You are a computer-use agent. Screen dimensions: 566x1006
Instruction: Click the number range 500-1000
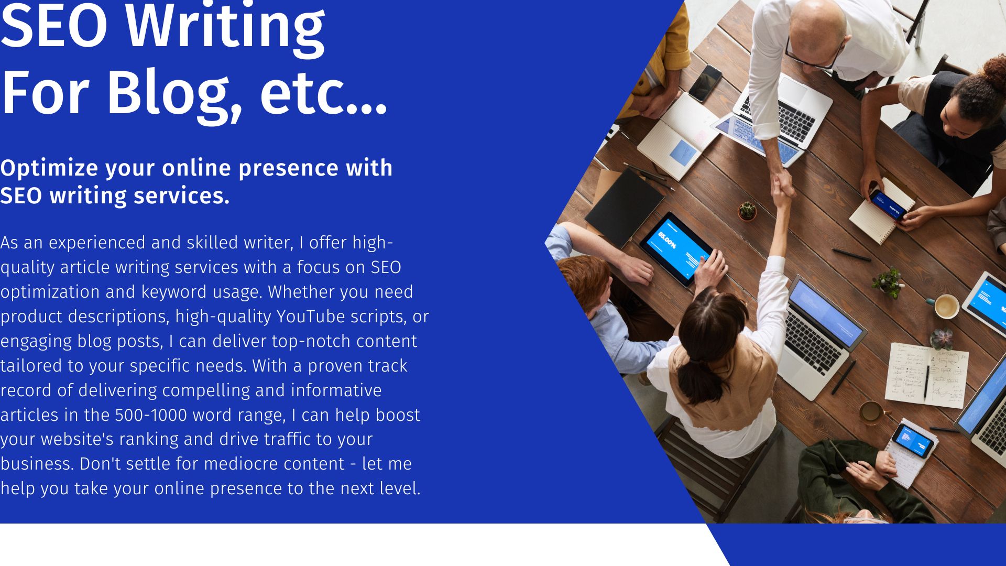point(151,415)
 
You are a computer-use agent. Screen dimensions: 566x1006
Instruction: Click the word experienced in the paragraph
point(97,243)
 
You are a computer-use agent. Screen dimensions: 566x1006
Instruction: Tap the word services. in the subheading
point(181,196)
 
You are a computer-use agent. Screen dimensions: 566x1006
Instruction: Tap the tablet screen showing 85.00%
point(676,248)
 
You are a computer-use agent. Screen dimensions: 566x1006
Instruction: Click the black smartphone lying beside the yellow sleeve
point(705,82)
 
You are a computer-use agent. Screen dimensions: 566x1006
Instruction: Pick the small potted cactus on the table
point(747,211)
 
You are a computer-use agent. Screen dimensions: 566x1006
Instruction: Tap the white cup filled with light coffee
point(947,306)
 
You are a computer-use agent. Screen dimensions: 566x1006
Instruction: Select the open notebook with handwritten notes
point(926,375)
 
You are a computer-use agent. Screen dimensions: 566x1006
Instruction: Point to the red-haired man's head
point(584,283)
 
